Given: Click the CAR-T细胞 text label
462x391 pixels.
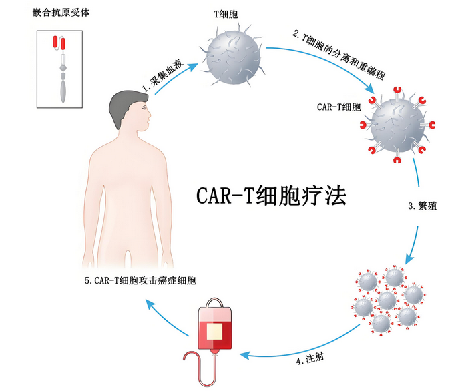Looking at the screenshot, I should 339,106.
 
